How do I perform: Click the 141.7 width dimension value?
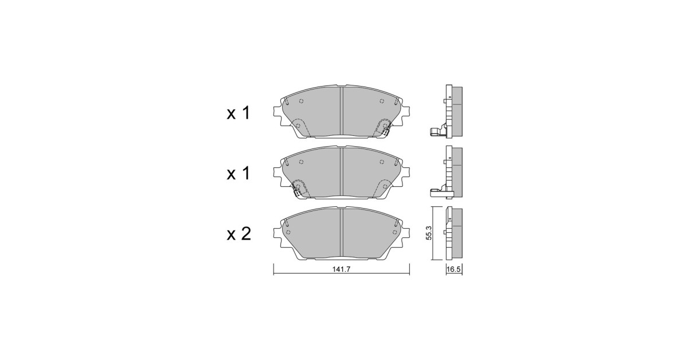(x=341, y=269)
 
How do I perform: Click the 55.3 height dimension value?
(x=429, y=233)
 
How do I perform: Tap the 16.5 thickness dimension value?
(x=454, y=269)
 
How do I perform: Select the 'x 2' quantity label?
(x=239, y=234)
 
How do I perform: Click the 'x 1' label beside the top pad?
(x=239, y=113)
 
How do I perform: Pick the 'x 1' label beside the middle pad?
(x=239, y=174)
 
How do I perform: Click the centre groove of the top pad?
(x=341, y=112)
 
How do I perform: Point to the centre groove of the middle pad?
(x=341, y=173)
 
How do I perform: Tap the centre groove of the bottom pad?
(x=341, y=233)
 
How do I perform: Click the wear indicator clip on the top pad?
(x=386, y=130)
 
